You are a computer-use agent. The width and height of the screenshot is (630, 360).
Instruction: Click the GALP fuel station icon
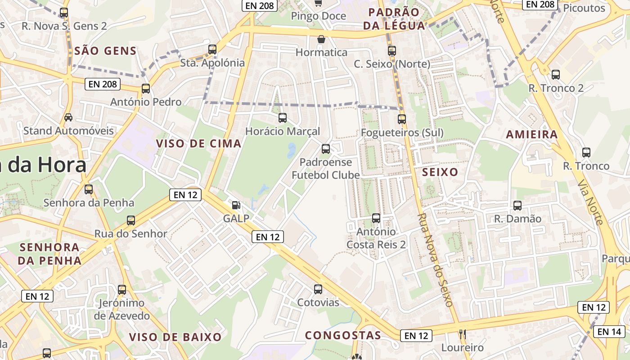coord(236,205)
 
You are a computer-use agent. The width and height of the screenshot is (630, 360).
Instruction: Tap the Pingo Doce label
coord(319,16)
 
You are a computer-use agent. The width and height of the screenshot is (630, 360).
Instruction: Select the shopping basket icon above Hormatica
coord(321,39)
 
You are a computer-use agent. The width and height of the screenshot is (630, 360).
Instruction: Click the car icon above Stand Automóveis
coord(68,117)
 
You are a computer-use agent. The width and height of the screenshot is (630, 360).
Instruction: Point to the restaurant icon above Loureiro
coord(462,334)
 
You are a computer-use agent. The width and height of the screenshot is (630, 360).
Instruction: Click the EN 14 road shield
coord(610,332)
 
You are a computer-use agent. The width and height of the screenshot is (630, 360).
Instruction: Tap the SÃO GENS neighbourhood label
coord(105,51)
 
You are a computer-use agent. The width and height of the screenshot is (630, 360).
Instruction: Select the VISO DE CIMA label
coord(198,144)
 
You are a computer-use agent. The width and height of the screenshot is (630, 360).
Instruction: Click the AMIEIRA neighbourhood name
coord(531,134)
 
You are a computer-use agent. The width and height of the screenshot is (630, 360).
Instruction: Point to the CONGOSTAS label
coord(343,335)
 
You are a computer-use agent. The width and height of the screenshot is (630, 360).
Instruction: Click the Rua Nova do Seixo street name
coord(435,260)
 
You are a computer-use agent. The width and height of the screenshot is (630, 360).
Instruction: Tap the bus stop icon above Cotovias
coord(318,289)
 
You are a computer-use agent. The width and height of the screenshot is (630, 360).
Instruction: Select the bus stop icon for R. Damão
coord(517,206)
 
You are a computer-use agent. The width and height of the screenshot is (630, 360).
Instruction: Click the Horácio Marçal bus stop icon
coord(283,118)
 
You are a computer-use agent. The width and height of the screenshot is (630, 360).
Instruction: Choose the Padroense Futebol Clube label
coord(326,168)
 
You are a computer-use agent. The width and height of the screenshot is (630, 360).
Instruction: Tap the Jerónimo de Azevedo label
coord(122,309)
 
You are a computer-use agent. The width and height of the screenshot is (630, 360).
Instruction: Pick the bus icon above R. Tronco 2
coord(556,75)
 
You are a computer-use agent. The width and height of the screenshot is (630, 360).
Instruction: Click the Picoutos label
coord(584,8)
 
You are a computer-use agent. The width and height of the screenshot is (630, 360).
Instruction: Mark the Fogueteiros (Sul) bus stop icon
coord(402,119)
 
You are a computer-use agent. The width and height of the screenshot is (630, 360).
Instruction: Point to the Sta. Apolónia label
coord(212,63)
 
